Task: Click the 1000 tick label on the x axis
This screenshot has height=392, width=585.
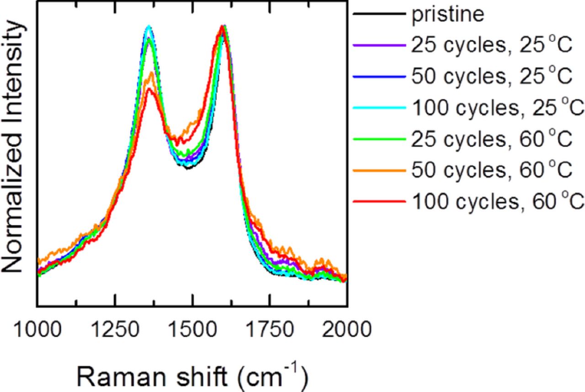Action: coord(37,329)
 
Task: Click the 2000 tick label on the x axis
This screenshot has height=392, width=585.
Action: coord(346,329)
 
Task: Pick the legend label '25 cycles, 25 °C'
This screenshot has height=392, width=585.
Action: coord(492,46)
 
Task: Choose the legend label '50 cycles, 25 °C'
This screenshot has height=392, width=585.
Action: coord(492,77)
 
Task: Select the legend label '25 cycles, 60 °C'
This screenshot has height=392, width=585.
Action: coord(492,139)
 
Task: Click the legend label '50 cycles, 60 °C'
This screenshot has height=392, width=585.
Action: coord(492,170)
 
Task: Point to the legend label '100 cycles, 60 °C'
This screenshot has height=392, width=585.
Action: coord(498,201)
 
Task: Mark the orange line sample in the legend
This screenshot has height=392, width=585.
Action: coord(379,170)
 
